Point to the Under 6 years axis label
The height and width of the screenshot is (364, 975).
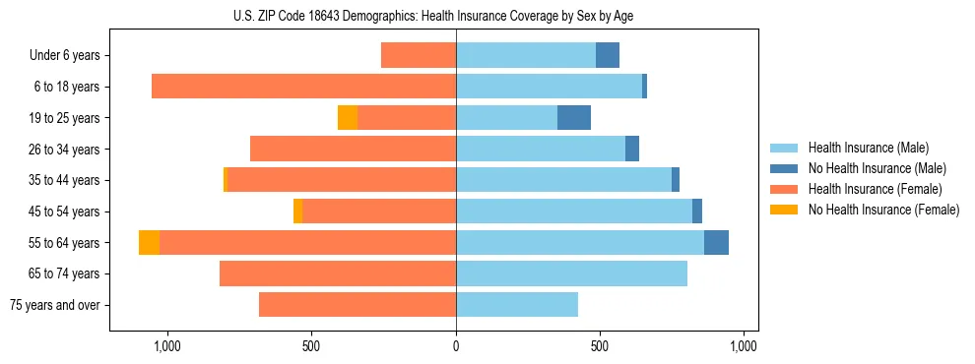point(64,56)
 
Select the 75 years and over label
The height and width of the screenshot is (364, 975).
point(54,305)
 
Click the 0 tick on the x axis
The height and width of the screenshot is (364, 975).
point(455,346)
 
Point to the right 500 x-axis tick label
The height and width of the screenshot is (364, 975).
point(599,346)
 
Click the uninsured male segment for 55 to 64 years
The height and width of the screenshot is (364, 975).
point(716,243)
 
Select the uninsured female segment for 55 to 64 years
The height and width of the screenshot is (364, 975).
point(149,243)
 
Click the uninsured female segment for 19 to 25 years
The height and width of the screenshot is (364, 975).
point(348,118)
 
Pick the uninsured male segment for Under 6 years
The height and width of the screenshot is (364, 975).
point(608,56)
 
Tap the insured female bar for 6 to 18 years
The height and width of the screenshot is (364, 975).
point(303,87)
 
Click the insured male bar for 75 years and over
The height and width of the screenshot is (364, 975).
point(517,305)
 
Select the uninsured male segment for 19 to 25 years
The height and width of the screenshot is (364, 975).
point(574,118)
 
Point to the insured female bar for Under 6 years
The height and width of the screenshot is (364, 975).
point(419,56)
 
